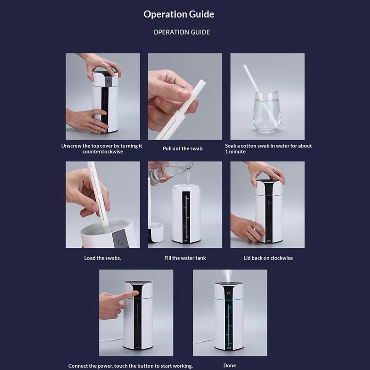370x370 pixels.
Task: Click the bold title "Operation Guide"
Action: tap(179, 14)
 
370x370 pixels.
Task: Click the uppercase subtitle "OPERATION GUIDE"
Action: tap(181, 32)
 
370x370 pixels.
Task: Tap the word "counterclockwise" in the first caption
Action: tap(103, 152)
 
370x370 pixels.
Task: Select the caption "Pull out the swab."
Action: tap(183, 148)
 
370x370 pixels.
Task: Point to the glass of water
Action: tap(267, 111)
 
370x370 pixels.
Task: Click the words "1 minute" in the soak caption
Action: tap(235, 152)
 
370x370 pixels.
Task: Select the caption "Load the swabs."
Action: tap(103, 258)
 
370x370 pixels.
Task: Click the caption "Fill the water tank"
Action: tap(185, 258)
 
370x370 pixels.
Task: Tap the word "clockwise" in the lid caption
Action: tap(281, 258)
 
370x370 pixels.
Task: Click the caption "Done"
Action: tap(229, 365)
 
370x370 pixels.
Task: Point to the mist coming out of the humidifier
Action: tap(228, 276)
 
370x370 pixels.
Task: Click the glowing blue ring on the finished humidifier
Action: tap(229, 299)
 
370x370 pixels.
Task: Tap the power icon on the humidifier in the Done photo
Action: tap(228, 293)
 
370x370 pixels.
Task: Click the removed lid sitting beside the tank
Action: tap(155, 233)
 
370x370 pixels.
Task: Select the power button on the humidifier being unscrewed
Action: tap(108, 81)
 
